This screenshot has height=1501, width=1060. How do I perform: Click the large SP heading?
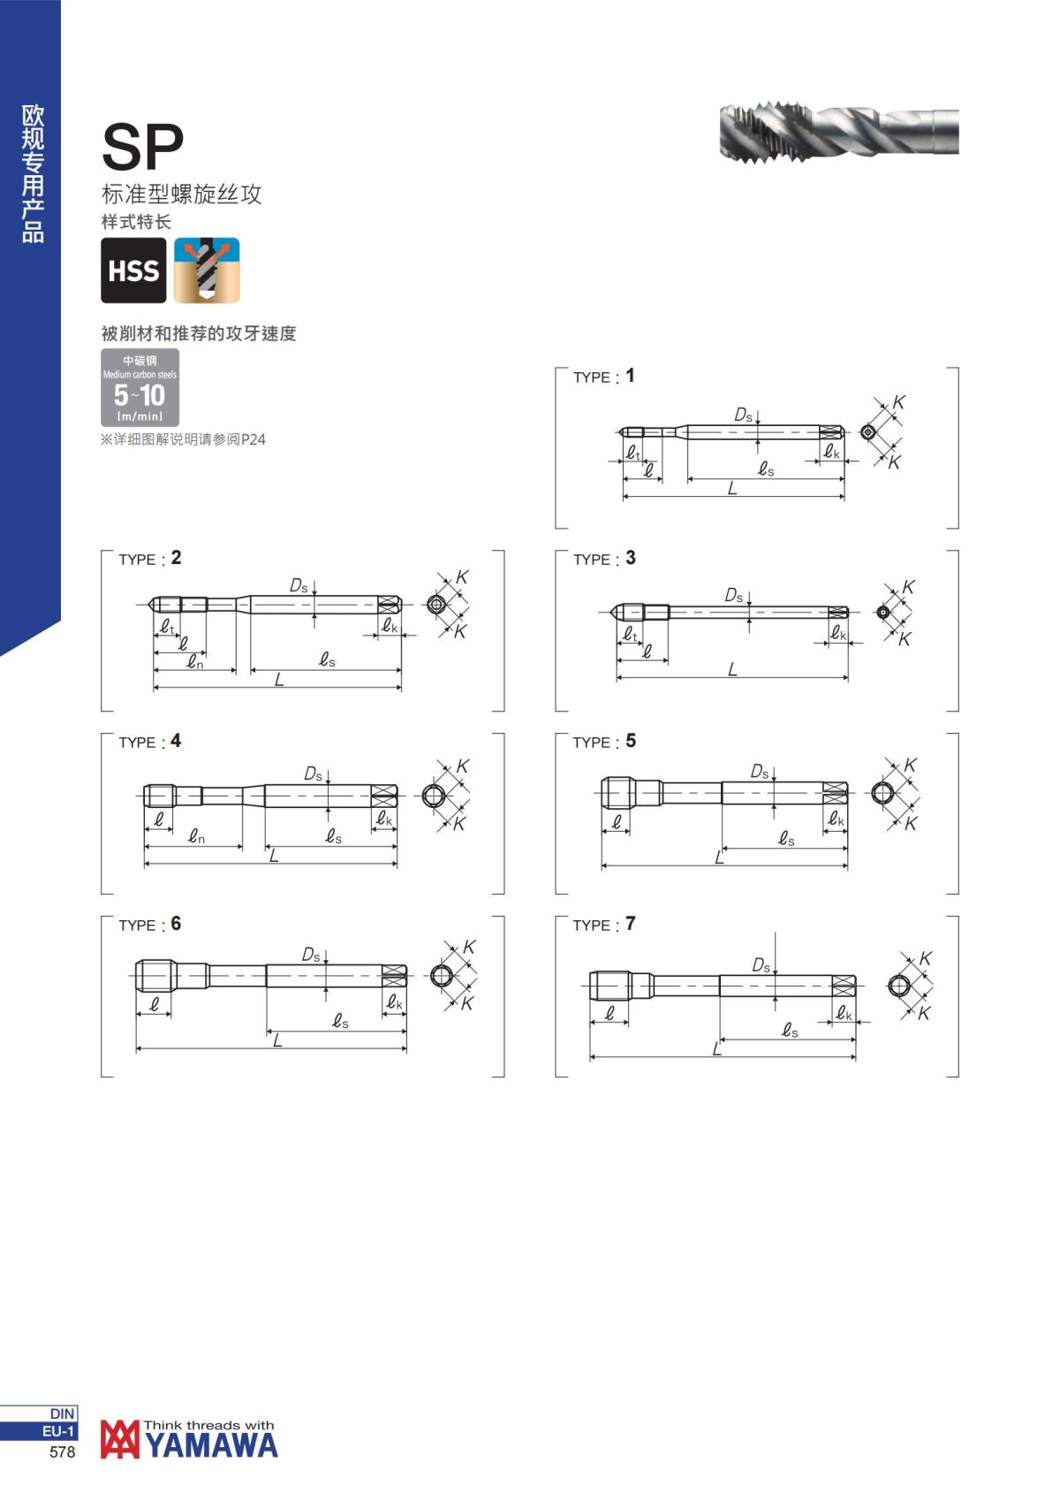point(142,147)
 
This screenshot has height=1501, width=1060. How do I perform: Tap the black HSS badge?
point(134,270)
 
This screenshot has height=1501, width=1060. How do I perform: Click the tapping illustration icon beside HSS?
point(207,270)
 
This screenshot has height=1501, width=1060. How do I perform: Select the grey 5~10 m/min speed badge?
point(140,387)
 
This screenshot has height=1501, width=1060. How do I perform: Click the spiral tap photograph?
point(839,131)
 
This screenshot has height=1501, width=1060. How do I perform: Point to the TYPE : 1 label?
point(603,377)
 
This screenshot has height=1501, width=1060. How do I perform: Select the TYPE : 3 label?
point(604,559)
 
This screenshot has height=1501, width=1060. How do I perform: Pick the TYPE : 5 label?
point(604,742)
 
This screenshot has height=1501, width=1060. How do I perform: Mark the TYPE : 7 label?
point(604,925)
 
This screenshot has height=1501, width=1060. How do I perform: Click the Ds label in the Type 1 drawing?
point(743,415)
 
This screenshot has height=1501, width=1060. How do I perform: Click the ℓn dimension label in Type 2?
point(195,663)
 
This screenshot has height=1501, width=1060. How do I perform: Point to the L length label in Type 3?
point(732,669)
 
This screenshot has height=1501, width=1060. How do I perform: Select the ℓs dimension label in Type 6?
point(341,1020)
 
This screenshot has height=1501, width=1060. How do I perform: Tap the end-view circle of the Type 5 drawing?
point(882,794)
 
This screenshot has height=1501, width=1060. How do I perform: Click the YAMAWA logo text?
point(212,1445)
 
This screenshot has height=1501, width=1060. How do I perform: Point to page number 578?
point(62,1452)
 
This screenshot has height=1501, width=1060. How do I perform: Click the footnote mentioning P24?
point(183,439)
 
